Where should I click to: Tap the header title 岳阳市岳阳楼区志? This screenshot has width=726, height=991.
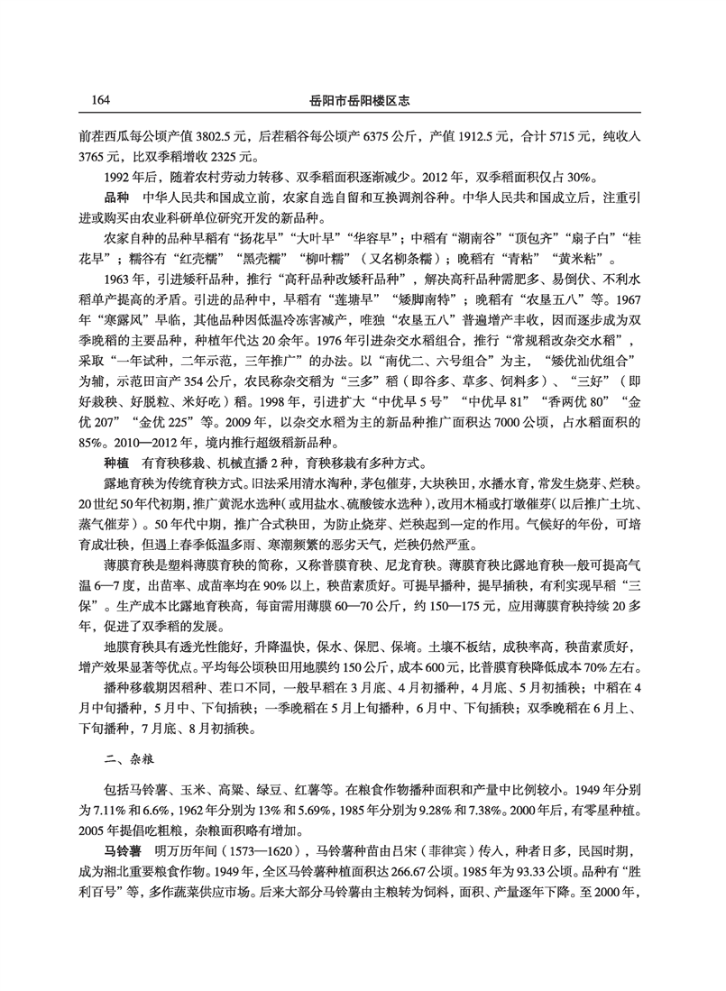point(362,98)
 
